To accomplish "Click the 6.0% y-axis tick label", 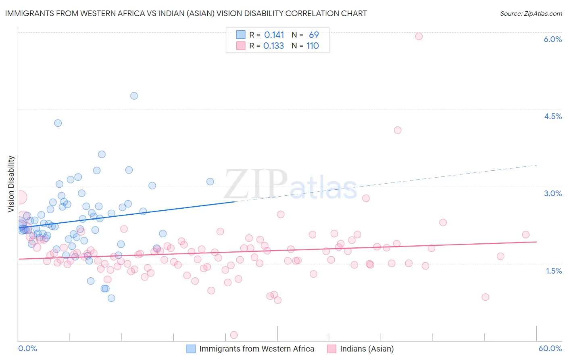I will coord(552,39).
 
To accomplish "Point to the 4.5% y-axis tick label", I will coord(552,116).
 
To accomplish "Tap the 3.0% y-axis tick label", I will coord(552,193).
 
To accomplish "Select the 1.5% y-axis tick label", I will coord(554,271).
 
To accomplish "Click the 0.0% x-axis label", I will coord(27,348).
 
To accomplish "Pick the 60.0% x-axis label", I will coord(550,348).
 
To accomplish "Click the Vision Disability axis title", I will coord(11,184).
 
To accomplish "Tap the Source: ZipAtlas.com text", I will coord(531,13).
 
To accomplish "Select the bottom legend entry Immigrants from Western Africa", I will coord(256,349).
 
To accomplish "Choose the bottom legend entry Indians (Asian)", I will coord(367,349).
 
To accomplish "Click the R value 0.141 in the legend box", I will coord(274,35).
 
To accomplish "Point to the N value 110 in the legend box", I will coord(313,46).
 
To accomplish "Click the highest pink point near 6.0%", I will coord(419,36).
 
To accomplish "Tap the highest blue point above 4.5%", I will coord(134,96).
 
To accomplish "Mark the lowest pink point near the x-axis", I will coord(233,335).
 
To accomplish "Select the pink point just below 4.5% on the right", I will coord(398,130).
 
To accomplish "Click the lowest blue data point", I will coord(111,298).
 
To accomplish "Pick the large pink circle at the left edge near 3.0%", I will coord(19,197).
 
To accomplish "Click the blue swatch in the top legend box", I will coord(241,35).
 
